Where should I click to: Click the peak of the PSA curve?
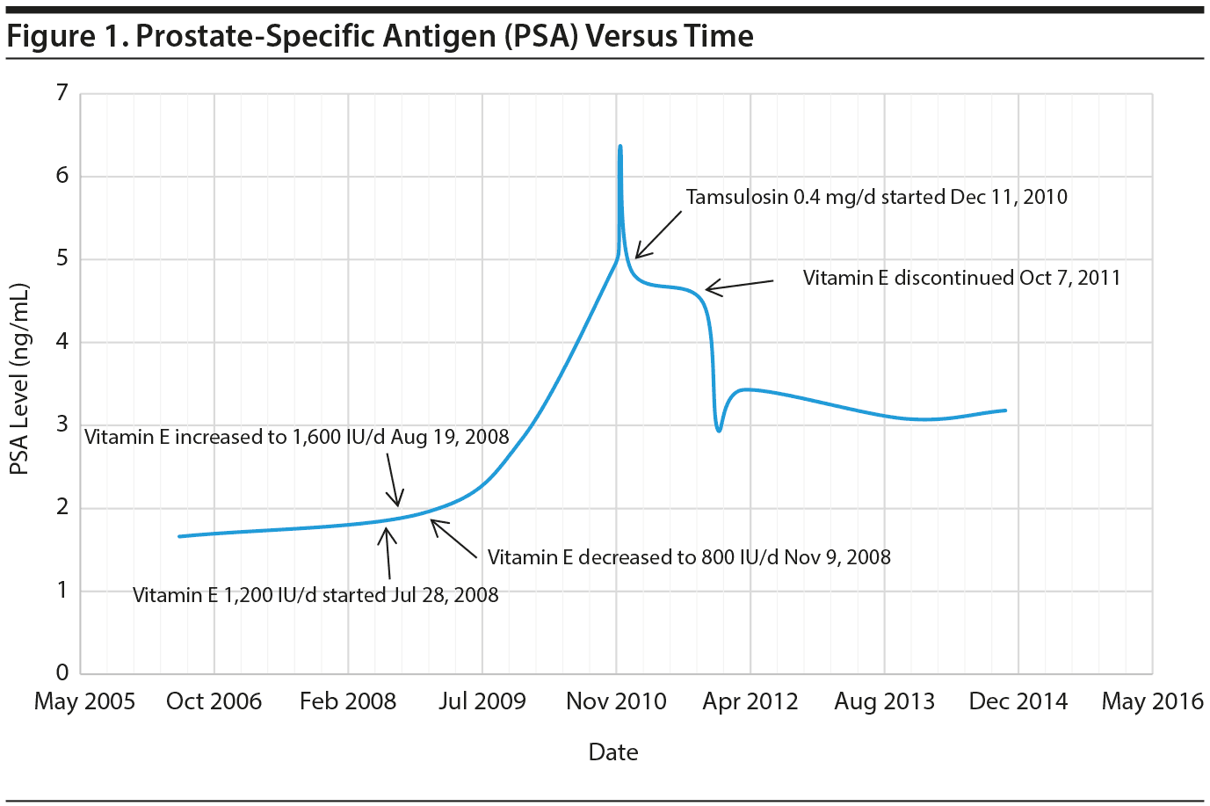620,147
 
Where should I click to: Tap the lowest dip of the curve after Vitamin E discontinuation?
720,431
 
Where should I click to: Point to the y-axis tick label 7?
62,93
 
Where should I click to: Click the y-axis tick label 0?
62,673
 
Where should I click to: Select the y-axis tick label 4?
62,342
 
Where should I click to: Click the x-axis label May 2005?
84,701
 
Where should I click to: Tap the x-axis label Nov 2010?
616,701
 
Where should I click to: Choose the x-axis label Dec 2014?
1018,701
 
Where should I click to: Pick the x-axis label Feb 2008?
348,701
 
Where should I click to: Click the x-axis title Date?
613,752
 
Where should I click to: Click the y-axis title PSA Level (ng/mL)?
19,379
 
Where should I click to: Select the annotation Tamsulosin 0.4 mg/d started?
876,197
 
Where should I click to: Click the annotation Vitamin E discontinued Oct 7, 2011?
961,278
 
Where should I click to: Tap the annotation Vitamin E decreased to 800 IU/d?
689,557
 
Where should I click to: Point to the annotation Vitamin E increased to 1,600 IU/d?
297,437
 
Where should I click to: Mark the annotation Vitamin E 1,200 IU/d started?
315,595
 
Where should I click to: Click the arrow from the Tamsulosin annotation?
658,235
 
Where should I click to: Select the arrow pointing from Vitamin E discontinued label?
739,285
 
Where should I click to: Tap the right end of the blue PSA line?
1005,410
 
